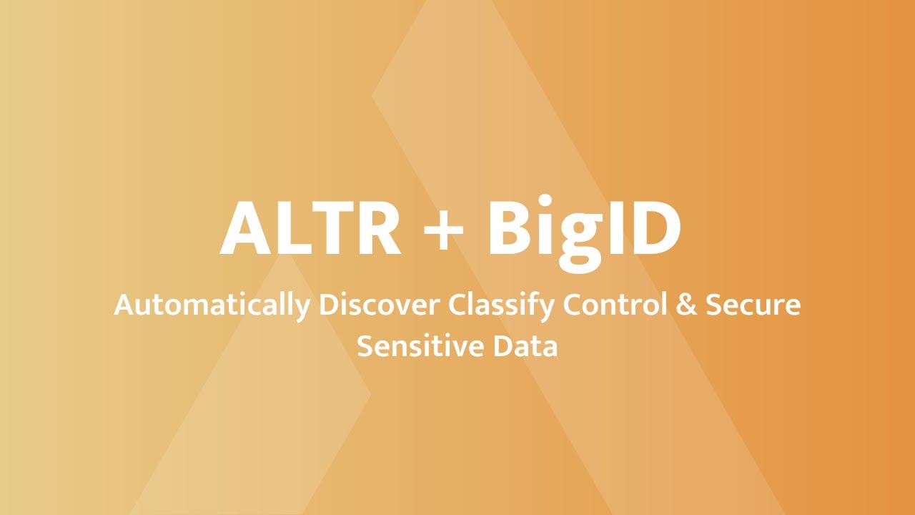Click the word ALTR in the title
310,228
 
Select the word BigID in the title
583,228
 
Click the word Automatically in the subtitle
212,306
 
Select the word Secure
753,305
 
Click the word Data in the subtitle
528,346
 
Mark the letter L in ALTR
294,228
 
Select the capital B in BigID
510,228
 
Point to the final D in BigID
652,228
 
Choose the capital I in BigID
612,228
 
